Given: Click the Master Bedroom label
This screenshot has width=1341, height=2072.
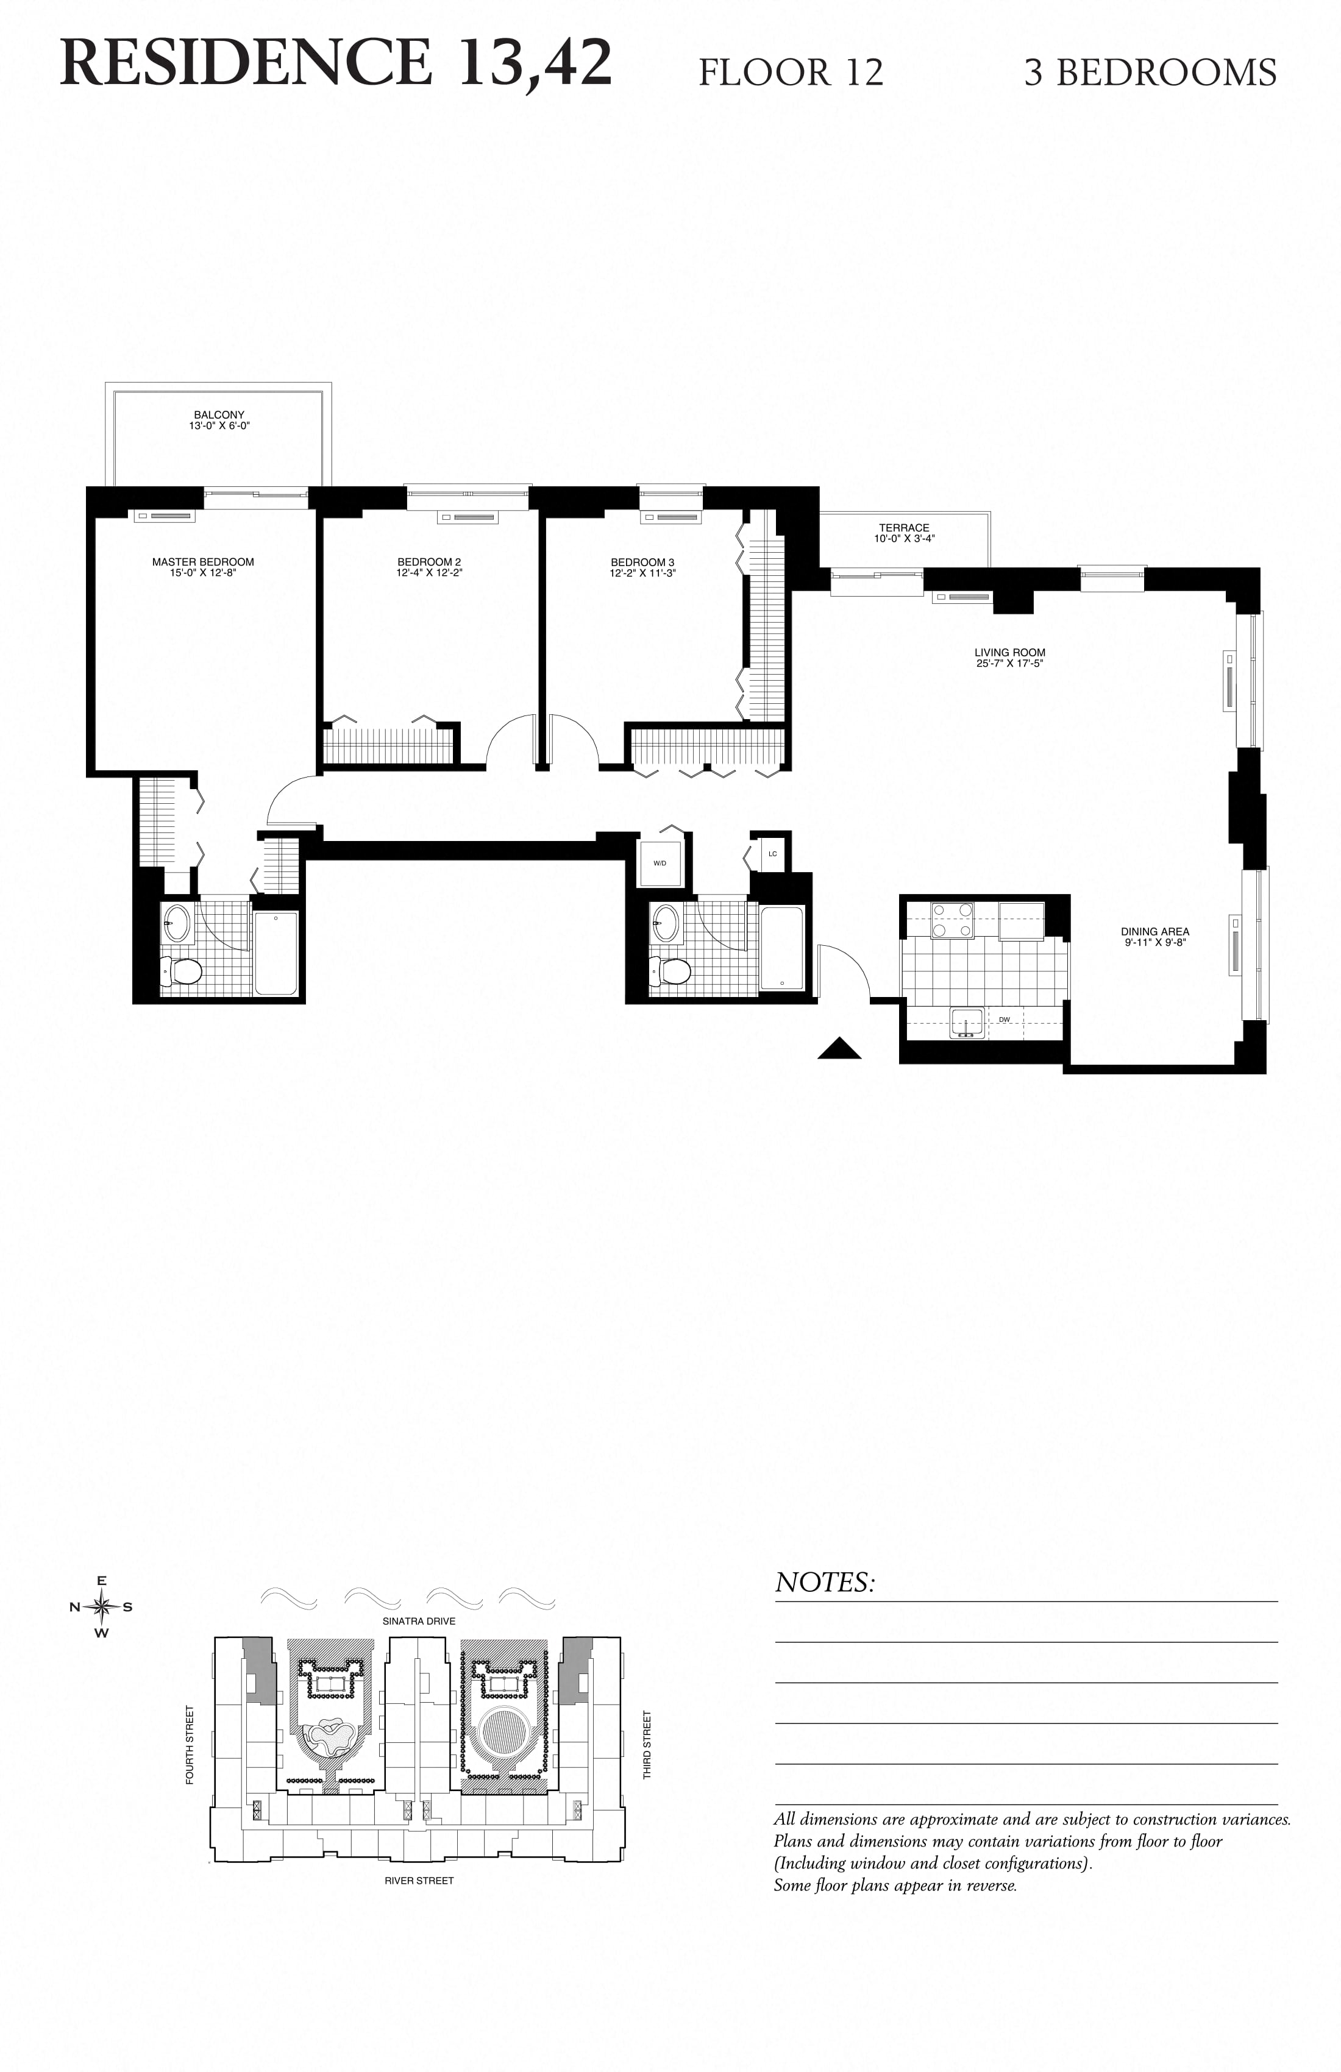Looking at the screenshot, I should (203, 561).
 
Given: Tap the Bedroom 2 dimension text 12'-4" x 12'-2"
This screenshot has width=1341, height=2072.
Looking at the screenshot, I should (429, 573).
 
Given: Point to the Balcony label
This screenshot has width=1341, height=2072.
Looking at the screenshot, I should (219, 414).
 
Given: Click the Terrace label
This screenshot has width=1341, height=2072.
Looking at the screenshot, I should (904, 528).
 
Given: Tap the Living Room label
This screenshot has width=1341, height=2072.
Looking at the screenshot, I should (1009, 652).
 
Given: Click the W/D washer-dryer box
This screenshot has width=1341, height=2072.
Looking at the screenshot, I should (660, 863).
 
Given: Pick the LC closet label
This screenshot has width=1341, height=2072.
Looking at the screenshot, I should (772, 854).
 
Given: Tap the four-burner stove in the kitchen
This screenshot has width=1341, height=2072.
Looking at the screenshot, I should (952, 920).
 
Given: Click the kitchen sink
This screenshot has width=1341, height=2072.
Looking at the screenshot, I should (967, 1024).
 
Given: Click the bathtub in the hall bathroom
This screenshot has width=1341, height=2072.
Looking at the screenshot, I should (781, 948).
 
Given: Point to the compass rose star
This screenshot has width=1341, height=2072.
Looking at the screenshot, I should (102, 1607).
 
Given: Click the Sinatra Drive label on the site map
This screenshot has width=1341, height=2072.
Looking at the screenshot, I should (419, 1621).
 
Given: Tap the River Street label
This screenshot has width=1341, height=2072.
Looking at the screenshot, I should (419, 1881).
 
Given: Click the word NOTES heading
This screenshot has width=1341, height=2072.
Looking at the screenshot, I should (823, 1582).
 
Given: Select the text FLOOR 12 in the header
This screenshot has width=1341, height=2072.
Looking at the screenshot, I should (791, 73).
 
